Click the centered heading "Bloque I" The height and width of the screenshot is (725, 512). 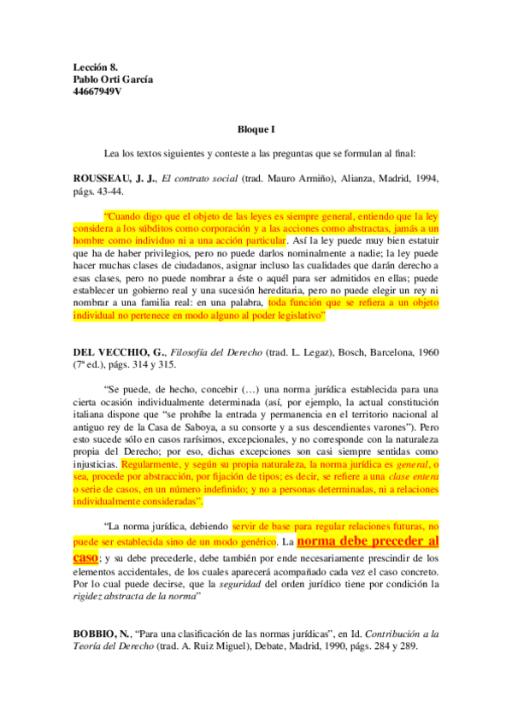tap(256, 129)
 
